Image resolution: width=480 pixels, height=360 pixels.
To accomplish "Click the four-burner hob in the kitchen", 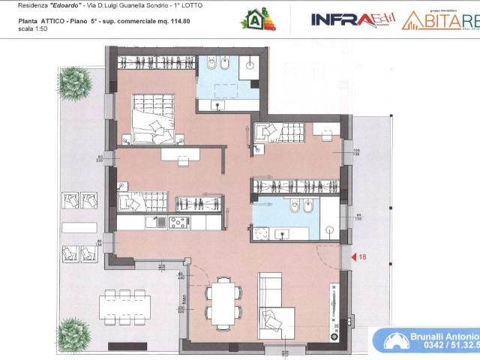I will [179, 222].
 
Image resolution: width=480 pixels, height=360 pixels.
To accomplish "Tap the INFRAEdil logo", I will [352, 19].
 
